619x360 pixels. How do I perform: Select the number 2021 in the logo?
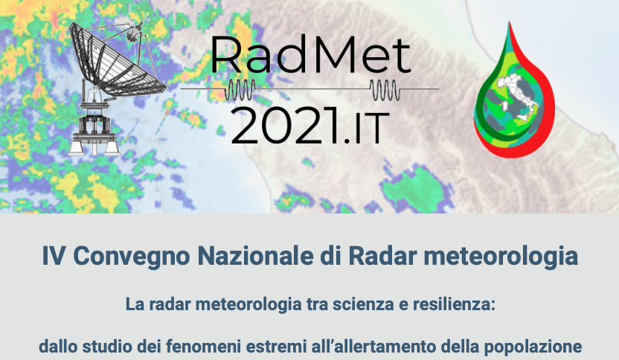(285, 126)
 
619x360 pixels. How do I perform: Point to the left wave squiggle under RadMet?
(240, 89)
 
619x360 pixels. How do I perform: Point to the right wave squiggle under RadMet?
(385, 89)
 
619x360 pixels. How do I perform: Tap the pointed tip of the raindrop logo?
(510, 22)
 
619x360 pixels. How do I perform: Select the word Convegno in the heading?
(132, 257)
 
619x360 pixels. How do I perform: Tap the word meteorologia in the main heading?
(501, 257)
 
